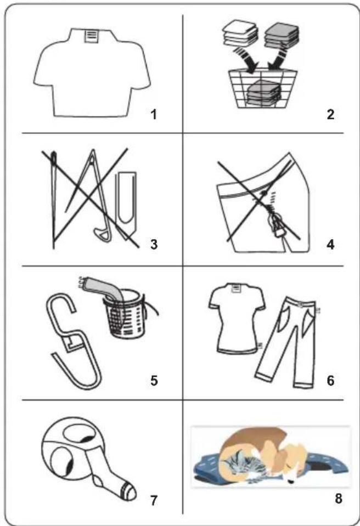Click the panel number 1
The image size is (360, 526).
(154, 115)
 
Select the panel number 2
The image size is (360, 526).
(330, 115)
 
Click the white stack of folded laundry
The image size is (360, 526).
(240, 34)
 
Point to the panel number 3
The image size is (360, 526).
(154, 244)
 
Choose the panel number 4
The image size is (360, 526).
(330, 244)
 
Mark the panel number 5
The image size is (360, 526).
(154, 381)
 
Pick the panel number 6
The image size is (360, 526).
(330, 381)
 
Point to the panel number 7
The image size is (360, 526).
(154, 500)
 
